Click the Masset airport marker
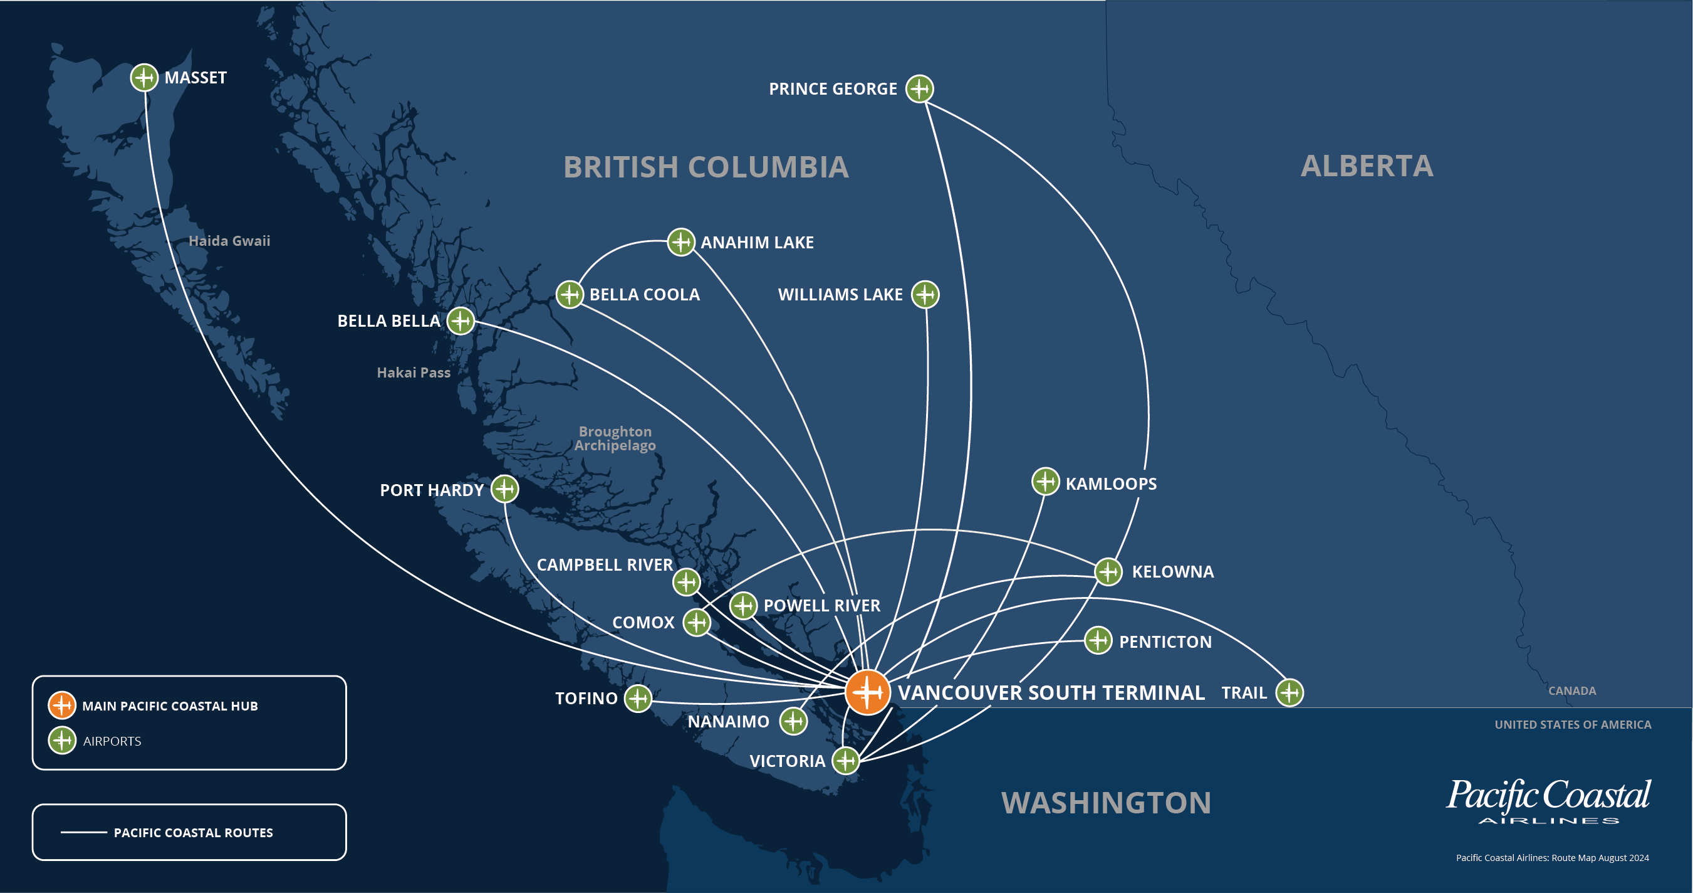click(144, 78)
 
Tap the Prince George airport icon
click(919, 88)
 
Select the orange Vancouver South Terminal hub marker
click(868, 692)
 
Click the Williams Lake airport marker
click(925, 295)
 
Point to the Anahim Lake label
click(757, 243)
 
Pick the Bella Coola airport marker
click(570, 295)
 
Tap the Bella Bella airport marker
click(461, 321)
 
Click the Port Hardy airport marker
click(505, 489)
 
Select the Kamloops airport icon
click(1045, 482)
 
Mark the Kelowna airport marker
click(1109, 571)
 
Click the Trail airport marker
click(1289, 692)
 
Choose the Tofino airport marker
click(637, 699)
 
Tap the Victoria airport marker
click(846, 761)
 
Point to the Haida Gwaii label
click(229, 241)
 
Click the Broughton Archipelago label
click(615, 438)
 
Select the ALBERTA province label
click(1367, 166)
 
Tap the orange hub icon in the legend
click(62, 705)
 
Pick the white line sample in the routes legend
click(83, 833)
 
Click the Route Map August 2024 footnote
click(1553, 857)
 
